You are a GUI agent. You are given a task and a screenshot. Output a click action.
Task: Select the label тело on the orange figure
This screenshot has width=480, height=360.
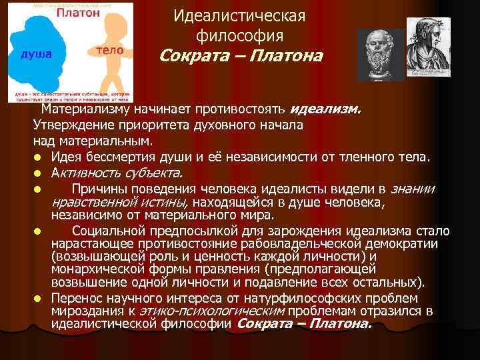(109, 50)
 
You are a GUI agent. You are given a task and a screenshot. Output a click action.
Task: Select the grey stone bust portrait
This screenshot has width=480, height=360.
(380, 55)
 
